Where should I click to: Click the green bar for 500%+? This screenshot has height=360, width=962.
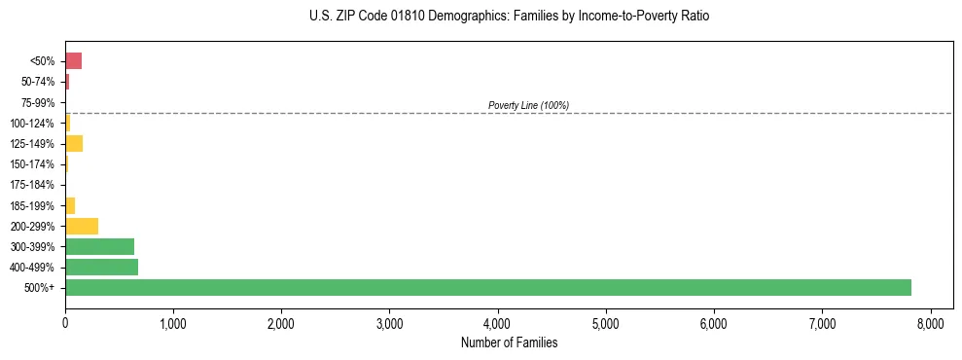(487, 287)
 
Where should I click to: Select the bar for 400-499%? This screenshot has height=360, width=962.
(101, 267)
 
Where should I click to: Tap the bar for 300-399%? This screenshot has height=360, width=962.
(99, 246)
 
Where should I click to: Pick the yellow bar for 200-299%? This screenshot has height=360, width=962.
(82, 226)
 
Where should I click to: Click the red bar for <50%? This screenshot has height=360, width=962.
(73, 61)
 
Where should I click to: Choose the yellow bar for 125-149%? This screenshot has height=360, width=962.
(74, 144)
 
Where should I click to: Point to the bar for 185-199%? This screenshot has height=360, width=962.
(70, 205)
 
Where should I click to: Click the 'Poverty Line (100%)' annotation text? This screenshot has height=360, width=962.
(528, 105)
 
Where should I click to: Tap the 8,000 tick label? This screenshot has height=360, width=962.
(930, 322)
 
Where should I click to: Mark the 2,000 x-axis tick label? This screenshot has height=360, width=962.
(281, 322)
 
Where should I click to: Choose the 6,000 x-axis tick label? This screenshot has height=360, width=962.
(714, 322)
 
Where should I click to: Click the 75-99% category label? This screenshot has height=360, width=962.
(40, 102)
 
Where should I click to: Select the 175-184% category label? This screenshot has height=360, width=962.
(34, 185)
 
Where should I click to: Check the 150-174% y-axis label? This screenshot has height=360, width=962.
(34, 164)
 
